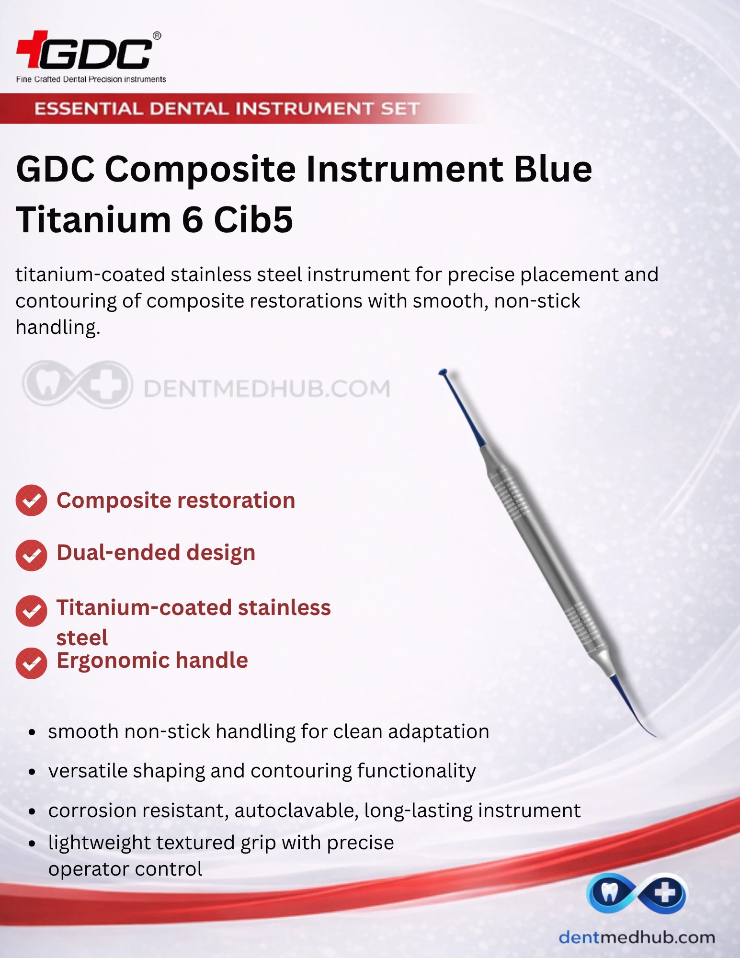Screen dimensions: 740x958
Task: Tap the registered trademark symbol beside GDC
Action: coord(157,36)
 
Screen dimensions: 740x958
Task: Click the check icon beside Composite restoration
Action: coord(31,501)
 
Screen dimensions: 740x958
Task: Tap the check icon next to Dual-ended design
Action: coord(31,555)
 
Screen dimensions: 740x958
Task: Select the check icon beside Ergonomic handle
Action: coord(31,663)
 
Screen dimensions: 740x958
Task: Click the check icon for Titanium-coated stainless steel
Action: coord(31,611)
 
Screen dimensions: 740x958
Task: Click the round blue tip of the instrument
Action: coord(443,372)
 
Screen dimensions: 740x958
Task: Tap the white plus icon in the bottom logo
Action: coord(665,893)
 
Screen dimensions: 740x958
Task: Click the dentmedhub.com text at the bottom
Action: coord(637,937)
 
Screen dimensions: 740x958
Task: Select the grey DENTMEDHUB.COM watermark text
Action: coord(267,388)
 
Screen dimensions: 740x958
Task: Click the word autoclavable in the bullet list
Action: coord(296,810)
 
